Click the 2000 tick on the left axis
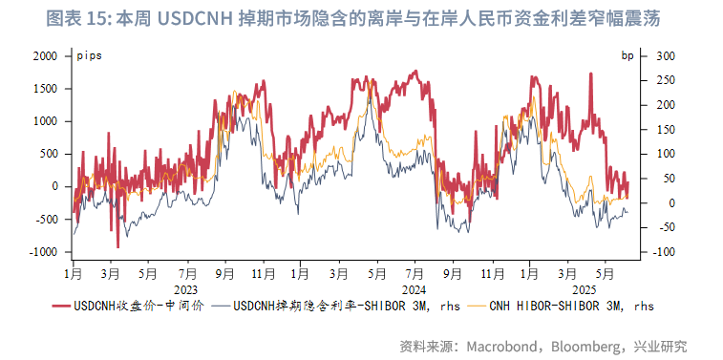pyautogui.click(x=44, y=56)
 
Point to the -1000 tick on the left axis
pyautogui.click(x=42, y=252)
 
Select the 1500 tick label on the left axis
pyautogui.click(x=44, y=89)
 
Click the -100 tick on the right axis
pyautogui.click(x=663, y=252)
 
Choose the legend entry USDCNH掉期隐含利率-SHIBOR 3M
pyautogui.click(x=333, y=307)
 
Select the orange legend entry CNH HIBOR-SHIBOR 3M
pyautogui.click(x=571, y=307)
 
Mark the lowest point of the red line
pyautogui.click(x=117, y=247)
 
